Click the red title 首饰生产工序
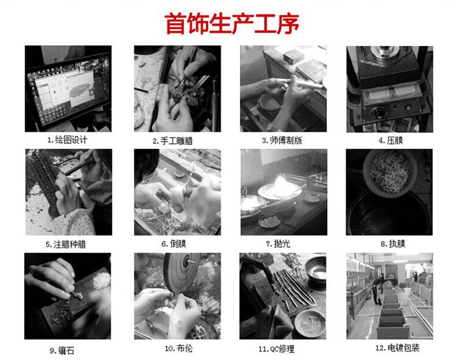click(232, 24)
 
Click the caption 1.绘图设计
click(68, 140)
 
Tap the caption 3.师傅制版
click(283, 140)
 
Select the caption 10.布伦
click(177, 348)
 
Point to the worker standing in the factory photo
click(377, 287)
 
